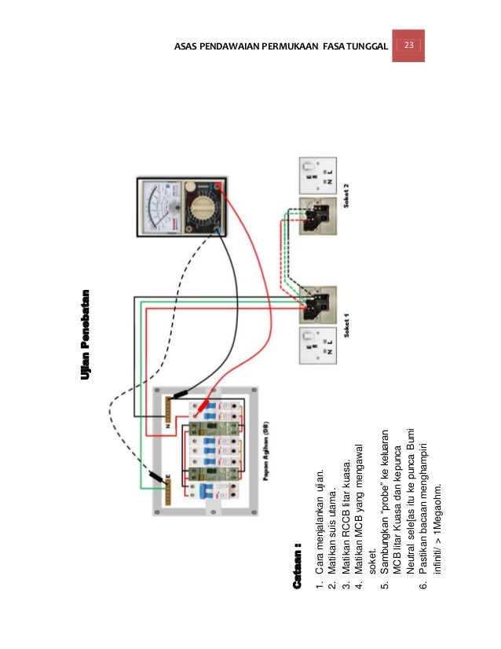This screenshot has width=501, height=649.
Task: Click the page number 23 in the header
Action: click(x=408, y=46)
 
